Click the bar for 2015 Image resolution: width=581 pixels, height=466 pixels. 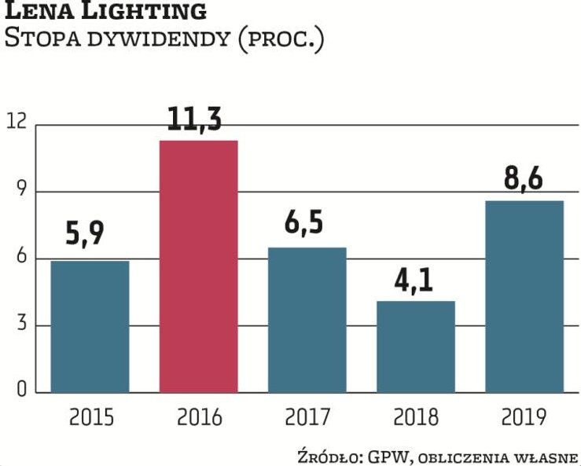click(x=90, y=326)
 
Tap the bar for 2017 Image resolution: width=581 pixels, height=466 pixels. click(x=307, y=319)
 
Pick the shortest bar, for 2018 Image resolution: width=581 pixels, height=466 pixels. click(x=416, y=346)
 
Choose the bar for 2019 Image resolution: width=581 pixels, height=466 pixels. click(x=524, y=296)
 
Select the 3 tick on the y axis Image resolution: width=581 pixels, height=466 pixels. click(x=20, y=325)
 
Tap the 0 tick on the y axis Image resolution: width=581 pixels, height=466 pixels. click(x=20, y=391)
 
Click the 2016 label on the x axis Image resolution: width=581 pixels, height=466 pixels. click(x=199, y=417)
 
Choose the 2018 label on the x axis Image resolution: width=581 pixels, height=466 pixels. click(x=416, y=417)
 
